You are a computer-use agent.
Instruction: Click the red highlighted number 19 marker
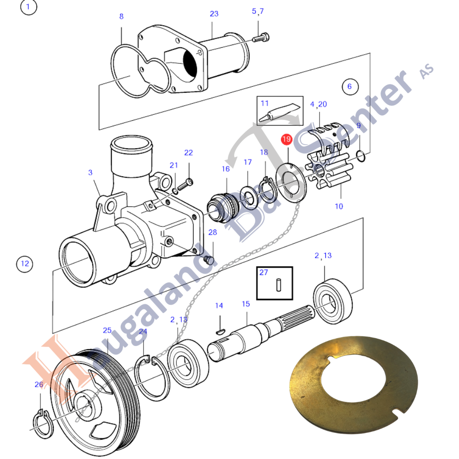pos(286,140)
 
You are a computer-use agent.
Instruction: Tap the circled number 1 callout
pos(28,6)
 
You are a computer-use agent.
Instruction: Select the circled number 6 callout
pos(350,87)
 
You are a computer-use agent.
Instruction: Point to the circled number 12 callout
pos(25,264)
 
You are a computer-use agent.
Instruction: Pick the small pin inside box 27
pos(279,285)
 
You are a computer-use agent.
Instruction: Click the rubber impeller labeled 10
pos(328,172)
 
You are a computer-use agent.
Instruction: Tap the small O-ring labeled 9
pos(361,156)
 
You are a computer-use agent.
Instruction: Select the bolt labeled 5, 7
pos(261,38)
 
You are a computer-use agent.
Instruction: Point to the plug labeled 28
pos(209,260)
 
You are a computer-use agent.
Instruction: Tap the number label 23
pos(214,14)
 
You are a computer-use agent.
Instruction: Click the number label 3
pos(90,173)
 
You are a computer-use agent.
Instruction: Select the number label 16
pos(225,169)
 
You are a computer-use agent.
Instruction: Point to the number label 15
pos(246,304)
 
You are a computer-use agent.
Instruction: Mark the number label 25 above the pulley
pos(107,330)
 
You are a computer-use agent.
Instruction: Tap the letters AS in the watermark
pos(427,72)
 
